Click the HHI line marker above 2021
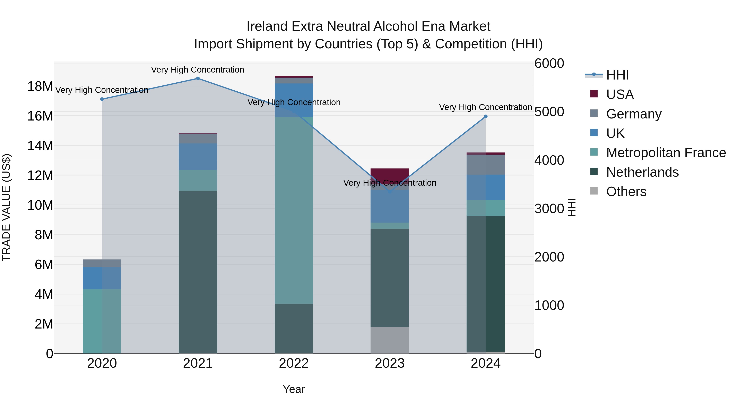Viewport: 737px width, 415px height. [x=198, y=78]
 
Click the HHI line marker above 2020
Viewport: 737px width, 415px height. [x=102, y=99]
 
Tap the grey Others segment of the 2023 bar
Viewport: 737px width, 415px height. [x=390, y=340]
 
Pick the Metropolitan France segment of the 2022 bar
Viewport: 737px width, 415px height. [x=294, y=210]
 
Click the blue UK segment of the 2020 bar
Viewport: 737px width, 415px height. [x=102, y=278]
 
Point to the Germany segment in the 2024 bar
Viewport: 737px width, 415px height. [x=486, y=165]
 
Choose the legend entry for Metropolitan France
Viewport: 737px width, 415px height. [x=666, y=153]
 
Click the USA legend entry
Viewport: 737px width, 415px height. [x=620, y=94]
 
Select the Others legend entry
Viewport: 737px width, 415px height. [x=626, y=192]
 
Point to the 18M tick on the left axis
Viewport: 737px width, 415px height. [x=40, y=86]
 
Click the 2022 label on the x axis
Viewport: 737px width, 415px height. [x=294, y=363]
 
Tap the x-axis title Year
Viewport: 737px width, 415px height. [x=294, y=389]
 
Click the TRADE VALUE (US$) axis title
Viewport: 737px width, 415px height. [x=6, y=207]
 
